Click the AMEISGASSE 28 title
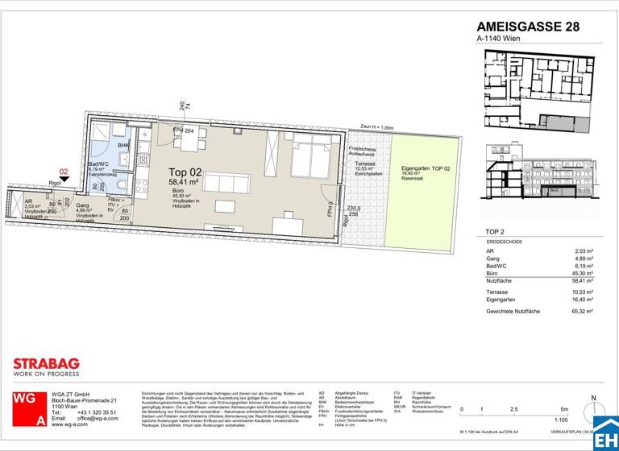point(528,26)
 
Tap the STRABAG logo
point(46,363)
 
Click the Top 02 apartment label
point(184,172)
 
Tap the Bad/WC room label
point(98,163)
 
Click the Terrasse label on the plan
point(365,163)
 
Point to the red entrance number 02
point(64,171)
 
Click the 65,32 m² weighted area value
point(582,310)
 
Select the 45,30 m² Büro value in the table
point(582,270)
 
